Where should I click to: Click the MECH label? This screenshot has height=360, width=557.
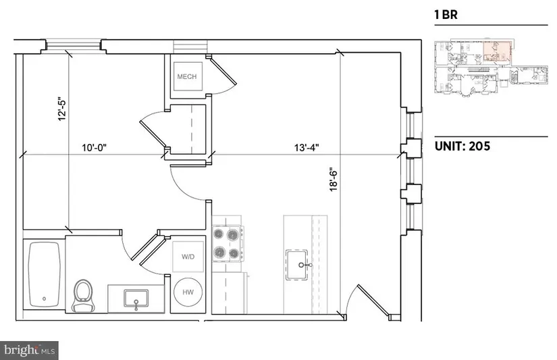pos(187,76)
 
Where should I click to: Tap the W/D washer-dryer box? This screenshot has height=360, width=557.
pos(188,257)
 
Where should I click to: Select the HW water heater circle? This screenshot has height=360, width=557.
pos(188,292)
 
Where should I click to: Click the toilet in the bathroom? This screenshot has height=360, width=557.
pos(84,296)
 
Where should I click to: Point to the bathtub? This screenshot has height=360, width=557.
pos(45,274)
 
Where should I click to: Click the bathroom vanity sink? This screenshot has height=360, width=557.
pos(136,299)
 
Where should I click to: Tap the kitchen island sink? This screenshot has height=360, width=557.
pos(297,265)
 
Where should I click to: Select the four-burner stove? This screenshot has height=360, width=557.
pos(228,243)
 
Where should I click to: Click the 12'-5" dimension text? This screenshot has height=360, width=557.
pos(62,109)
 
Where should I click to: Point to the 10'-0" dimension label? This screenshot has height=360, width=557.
pos(94,147)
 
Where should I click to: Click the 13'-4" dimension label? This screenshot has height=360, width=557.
pos(307,147)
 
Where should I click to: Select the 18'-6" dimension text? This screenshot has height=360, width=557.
pos(334,180)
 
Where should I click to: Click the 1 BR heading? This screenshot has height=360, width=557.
pos(446,15)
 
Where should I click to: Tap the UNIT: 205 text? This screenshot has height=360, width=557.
pos(462,146)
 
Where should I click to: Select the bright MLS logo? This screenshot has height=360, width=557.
pos(29,351)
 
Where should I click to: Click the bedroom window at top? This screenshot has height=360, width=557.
pos(74,45)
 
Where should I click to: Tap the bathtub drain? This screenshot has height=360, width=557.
pos(45,299)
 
